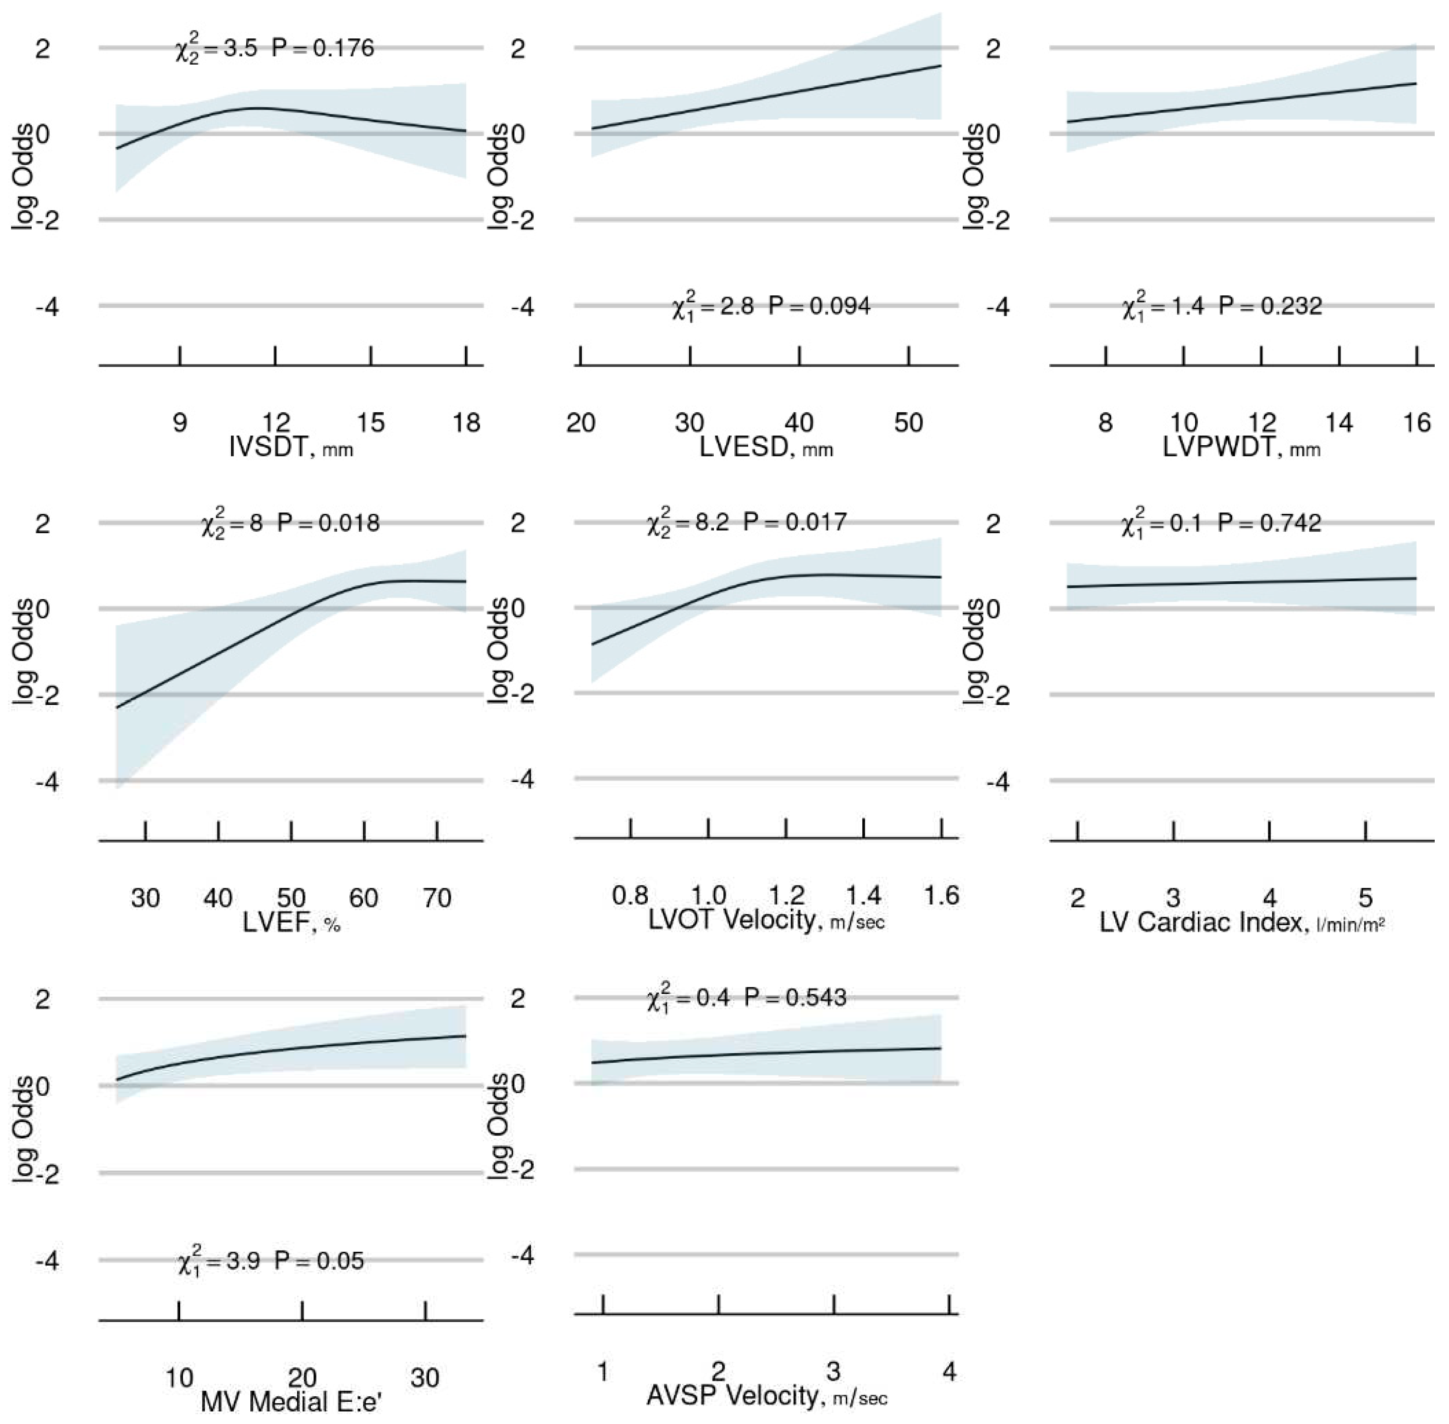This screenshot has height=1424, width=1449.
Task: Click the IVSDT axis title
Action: (x=290, y=447)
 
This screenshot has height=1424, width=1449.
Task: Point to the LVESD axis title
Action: (x=765, y=447)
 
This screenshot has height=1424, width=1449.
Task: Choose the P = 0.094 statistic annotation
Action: (x=819, y=306)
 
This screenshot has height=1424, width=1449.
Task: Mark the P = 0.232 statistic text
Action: (x=1270, y=306)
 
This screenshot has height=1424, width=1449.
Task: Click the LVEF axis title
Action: (x=291, y=923)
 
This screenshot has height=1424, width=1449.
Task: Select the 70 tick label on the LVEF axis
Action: (x=437, y=898)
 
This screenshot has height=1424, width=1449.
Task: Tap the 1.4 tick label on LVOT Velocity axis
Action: (x=863, y=895)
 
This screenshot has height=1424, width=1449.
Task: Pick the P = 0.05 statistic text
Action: (x=319, y=1261)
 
